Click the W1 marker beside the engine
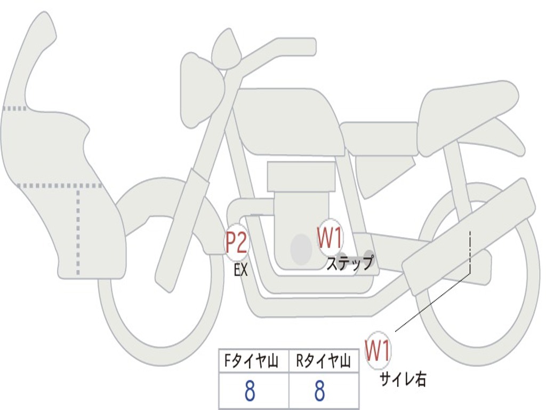pyautogui.click(x=330, y=238)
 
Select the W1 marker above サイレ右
pyautogui.click(x=378, y=350)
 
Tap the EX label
pyautogui.click(x=240, y=270)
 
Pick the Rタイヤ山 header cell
pyautogui.click(x=324, y=361)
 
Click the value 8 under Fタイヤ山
pyautogui.click(x=250, y=390)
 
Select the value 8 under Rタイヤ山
pyautogui.click(x=320, y=390)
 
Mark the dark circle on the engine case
pyautogui.click(x=301, y=249)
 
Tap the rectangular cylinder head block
pyautogui.click(x=301, y=176)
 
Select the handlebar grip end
pyautogui.click(x=310, y=46)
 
